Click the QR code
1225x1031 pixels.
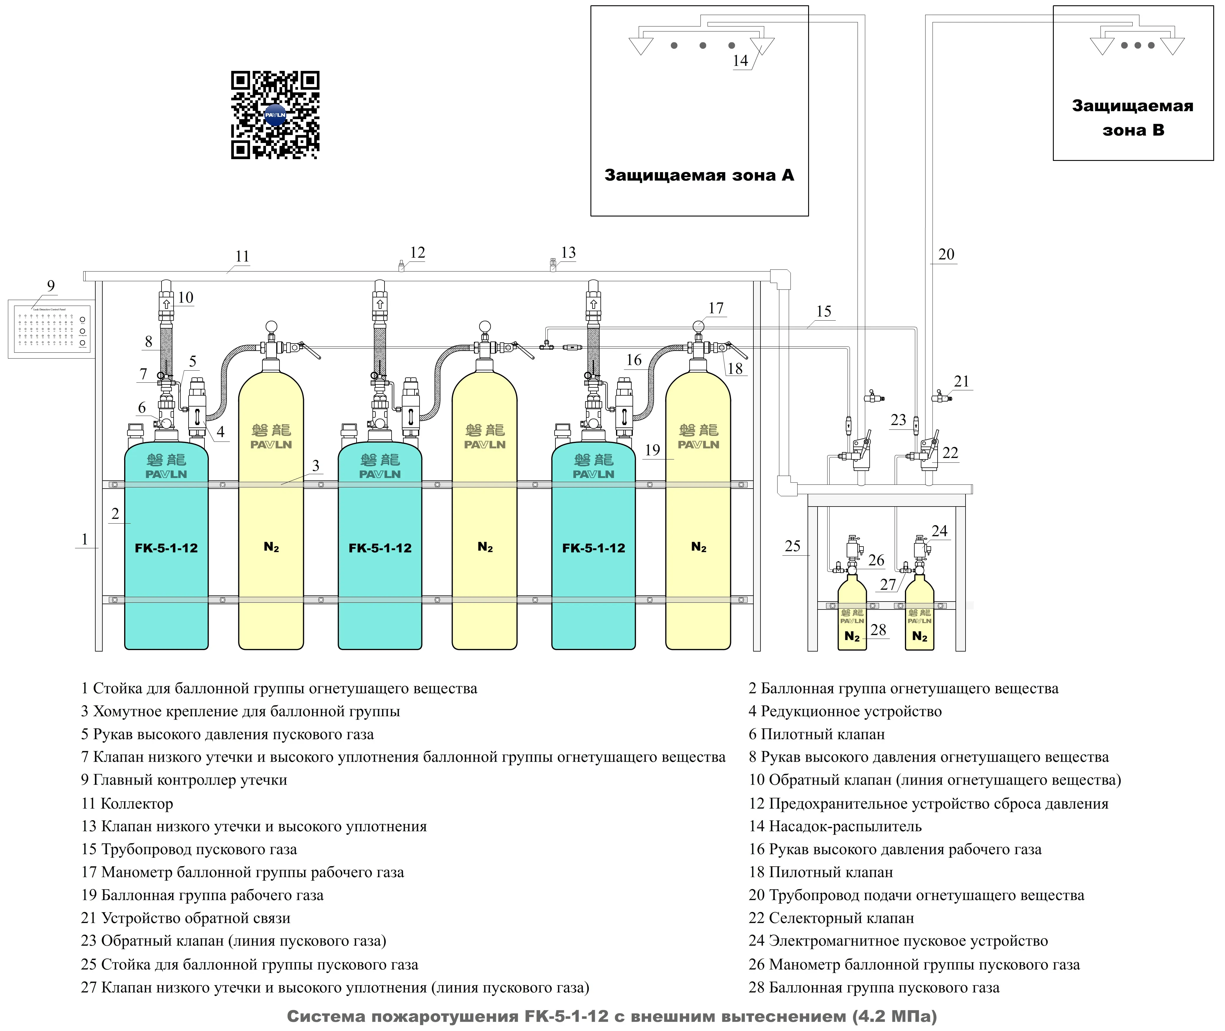click(275, 115)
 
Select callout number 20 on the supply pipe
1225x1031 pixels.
click(946, 254)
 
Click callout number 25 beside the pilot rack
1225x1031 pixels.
click(792, 546)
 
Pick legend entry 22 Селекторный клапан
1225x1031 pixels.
click(831, 918)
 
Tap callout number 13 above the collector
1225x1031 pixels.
click(568, 252)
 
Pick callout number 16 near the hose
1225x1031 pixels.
click(634, 360)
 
